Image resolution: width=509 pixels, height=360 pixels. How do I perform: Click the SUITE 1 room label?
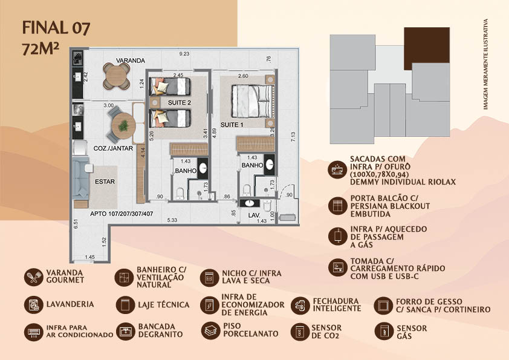232,125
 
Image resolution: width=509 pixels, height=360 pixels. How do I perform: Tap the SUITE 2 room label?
179,103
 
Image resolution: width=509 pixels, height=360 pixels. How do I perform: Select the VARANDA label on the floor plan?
131,61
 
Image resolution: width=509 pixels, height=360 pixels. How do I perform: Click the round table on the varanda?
117,76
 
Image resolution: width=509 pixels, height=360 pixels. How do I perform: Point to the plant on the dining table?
123,126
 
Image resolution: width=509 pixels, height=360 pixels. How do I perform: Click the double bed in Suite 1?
252,100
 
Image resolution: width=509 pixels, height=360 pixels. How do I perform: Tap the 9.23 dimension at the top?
184,54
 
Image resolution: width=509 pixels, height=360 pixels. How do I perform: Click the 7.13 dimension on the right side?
293,137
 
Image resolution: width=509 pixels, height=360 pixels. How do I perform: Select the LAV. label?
254,215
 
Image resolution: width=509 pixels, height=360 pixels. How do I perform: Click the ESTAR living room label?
105,182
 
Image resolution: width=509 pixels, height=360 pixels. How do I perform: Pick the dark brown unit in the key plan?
427,48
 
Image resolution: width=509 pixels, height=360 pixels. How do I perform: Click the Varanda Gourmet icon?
33,277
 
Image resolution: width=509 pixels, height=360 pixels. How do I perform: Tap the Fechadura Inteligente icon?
300,306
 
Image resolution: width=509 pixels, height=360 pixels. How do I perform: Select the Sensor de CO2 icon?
300,332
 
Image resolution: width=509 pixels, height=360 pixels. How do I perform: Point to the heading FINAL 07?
56,28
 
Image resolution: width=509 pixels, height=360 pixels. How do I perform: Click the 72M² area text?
41,49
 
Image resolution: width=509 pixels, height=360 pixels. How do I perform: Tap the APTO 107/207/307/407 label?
122,214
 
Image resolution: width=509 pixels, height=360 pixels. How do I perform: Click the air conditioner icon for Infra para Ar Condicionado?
33,332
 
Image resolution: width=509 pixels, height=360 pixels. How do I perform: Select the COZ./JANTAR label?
113,148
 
